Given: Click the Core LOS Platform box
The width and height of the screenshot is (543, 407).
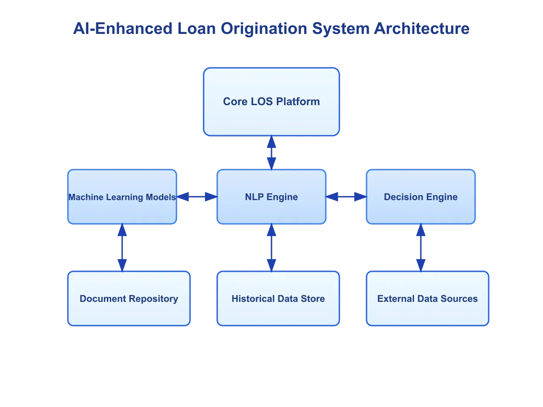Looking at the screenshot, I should (x=271, y=102).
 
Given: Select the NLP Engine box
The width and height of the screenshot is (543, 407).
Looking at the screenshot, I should (x=271, y=197).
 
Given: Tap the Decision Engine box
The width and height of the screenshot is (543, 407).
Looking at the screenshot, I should (x=420, y=197).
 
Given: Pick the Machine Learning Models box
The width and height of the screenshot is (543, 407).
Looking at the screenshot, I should (x=122, y=197).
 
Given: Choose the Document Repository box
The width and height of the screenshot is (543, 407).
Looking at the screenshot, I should (x=129, y=298).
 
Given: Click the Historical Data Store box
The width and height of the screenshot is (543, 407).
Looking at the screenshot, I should (x=278, y=298).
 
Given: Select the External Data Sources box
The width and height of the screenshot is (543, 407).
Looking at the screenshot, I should (x=428, y=298).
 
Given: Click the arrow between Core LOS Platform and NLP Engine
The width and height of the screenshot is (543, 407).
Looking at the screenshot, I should (x=271, y=153).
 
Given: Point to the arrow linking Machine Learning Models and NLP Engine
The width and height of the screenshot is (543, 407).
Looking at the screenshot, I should (x=197, y=197).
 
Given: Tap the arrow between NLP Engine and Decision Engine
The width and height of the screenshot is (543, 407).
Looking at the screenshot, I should (x=346, y=197).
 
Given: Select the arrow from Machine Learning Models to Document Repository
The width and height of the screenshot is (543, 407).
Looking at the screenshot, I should (x=122, y=248).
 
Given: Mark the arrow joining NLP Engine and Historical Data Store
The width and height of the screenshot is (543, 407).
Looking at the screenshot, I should (x=271, y=248).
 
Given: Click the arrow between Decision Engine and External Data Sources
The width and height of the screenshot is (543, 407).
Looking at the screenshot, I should (x=420, y=248).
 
